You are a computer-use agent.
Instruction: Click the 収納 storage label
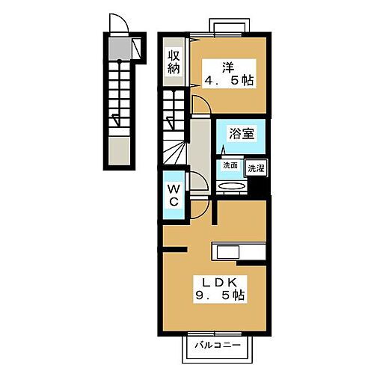pos(174,61)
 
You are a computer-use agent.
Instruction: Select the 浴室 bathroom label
pos(242,135)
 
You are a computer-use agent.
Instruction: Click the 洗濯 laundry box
pos(256,168)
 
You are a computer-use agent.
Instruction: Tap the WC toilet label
pos(173,196)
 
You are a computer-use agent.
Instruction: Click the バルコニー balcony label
pos(217,346)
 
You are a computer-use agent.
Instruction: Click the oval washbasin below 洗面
pos(230,187)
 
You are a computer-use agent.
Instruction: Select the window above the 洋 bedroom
pos(233,28)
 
